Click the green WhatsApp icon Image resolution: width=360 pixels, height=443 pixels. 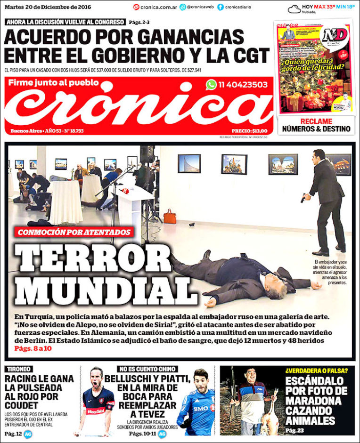pos(211,85)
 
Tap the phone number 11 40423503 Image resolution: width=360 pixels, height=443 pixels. pos(243,85)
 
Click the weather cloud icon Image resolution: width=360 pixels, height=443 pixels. pos(294,8)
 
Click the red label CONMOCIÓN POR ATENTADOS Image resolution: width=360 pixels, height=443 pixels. pos(74,232)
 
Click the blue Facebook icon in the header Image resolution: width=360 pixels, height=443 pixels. pos(221,7)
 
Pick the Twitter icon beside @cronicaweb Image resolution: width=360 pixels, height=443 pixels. pos(183,7)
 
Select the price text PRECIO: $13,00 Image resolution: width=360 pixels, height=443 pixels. pos(249,131)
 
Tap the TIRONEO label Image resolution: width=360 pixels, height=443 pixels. pos(19,369)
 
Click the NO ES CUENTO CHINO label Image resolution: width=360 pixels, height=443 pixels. pos(147,369)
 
